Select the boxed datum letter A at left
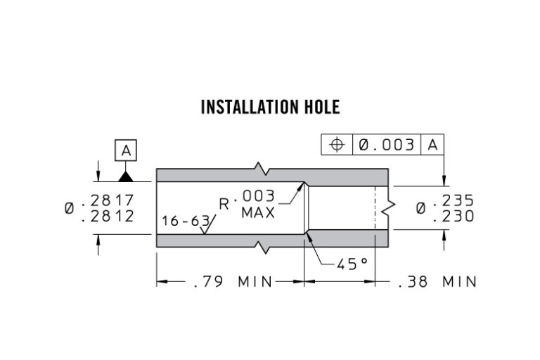coord(125,150)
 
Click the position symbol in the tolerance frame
coord(337,145)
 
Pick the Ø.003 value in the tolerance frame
coord(386,145)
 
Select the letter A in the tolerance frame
coord(432,145)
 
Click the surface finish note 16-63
coord(185,221)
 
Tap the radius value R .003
coord(246,200)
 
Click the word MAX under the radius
coord(258,212)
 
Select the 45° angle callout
coord(352,264)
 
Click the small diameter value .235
coord(454,200)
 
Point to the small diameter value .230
coord(454,217)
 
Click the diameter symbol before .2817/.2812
coord(70,209)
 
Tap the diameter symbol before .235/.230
coord(420,209)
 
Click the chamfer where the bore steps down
coord(306,208)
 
